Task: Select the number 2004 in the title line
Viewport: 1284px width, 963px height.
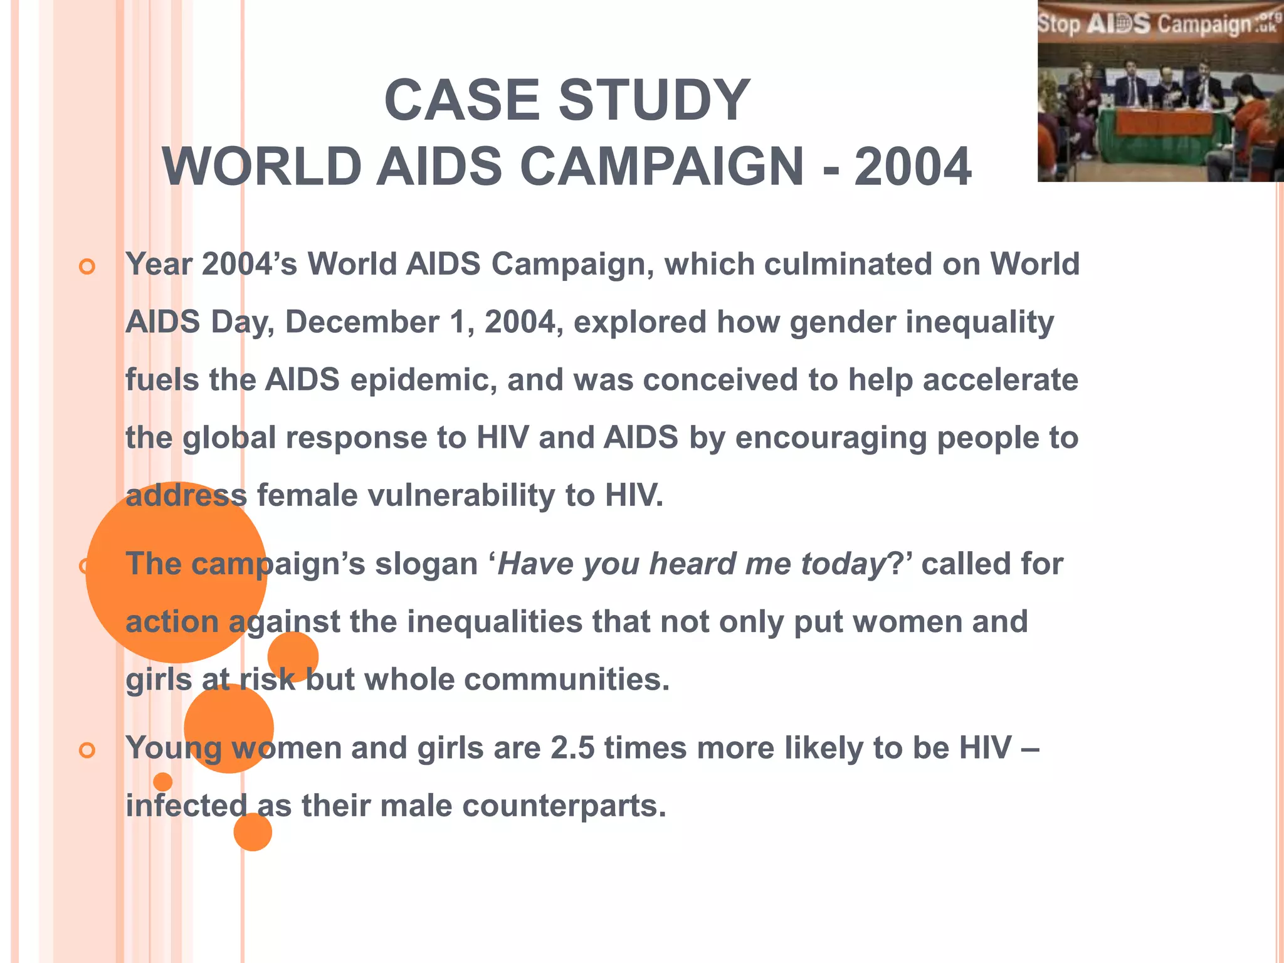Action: point(913,167)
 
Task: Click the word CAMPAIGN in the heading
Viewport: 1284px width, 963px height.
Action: point(661,167)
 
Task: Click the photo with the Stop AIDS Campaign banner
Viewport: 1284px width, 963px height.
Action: point(1160,92)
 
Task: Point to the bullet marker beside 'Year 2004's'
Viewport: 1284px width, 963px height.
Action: point(87,267)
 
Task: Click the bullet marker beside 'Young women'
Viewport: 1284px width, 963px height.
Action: point(87,750)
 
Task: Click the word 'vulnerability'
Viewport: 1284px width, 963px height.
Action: point(461,496)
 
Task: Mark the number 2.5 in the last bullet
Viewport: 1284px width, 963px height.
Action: point(572,748)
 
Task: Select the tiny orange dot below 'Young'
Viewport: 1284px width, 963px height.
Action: point(162,782)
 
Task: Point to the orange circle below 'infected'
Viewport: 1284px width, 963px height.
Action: point(253,832)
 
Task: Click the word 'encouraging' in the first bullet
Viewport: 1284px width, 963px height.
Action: point(831,438)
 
